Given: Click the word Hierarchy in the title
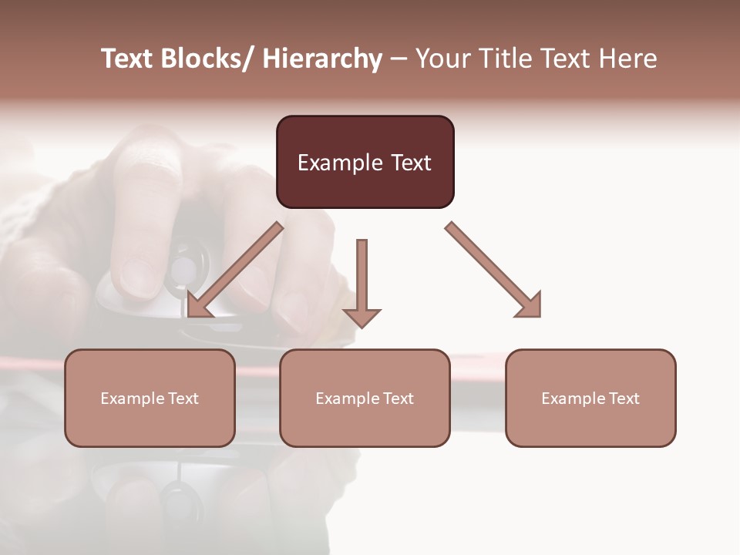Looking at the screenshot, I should coord(322,59).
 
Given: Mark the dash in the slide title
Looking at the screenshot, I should coord(399,59).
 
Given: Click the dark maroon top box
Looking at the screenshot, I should coord(365,162).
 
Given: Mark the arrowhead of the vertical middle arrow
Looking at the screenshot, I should coord(362,317).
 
